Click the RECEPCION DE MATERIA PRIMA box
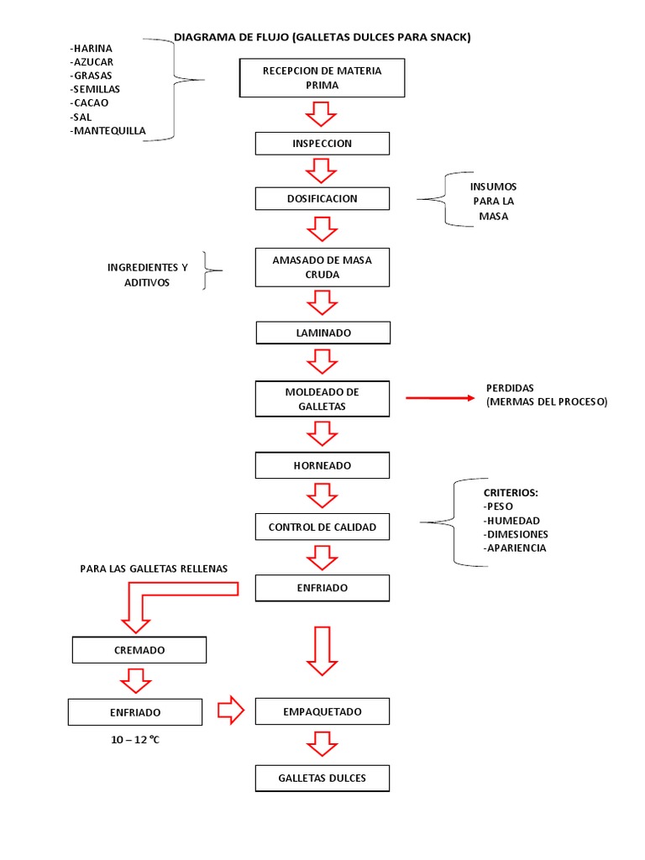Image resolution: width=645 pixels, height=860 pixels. click(x=322, y=78)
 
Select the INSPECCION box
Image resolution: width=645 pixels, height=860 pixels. click(x=322, y=144)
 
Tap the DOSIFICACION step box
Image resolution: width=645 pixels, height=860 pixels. click(x=322, y=198)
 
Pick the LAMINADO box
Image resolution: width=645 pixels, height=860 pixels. click(x=322, y=333)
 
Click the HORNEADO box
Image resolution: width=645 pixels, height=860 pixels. click(x=322, y=465)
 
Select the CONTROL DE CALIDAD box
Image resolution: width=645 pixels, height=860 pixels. click(x=322, y=527)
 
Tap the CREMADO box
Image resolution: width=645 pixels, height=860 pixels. click(x=139, y=650)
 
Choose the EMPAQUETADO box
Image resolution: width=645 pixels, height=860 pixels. click(x=322, y=712)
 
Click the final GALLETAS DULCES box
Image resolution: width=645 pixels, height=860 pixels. click(x=322, y=779)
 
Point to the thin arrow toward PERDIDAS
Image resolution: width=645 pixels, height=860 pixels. click(x=440, y=397)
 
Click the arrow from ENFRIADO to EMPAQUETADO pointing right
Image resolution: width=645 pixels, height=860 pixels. click(x=230, y=711)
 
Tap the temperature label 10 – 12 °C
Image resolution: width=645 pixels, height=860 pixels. click(x=134, y=740)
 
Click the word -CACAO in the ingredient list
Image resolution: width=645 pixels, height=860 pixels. click(x=89, y=102)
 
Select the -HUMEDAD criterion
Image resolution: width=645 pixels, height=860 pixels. click(x=511, y=521)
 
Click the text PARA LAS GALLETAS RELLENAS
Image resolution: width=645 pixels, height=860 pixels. click(x=154, y=569)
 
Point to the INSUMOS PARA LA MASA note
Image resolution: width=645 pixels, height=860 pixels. click(x=493, y=202)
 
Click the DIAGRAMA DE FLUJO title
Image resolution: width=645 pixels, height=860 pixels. click(x=322, y=37)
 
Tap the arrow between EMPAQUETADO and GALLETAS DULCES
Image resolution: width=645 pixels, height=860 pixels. click(x=322, y=744)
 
